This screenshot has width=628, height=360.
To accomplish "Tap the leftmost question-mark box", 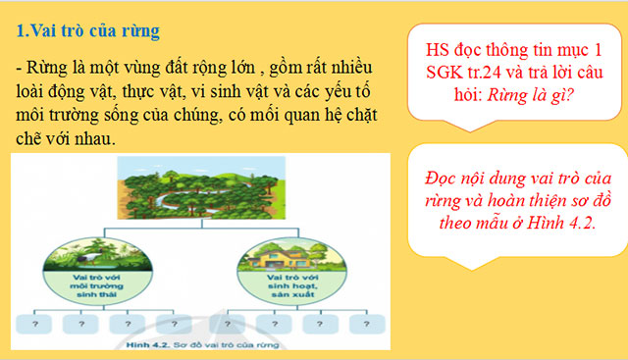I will click(35, 323).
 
